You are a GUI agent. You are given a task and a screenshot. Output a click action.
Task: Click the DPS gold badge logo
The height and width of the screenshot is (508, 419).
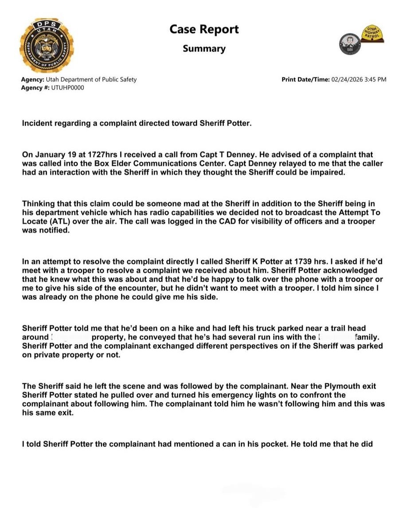click(46, 46)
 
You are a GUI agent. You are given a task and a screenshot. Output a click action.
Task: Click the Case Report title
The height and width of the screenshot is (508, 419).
click(204, 29)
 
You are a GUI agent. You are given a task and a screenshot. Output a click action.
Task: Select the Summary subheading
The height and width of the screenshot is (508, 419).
click(204, 49)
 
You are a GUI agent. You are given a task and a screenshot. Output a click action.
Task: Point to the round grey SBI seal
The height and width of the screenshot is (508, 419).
click(347, 43)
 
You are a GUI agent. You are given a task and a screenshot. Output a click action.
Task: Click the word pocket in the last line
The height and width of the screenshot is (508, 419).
click(270, 444)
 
